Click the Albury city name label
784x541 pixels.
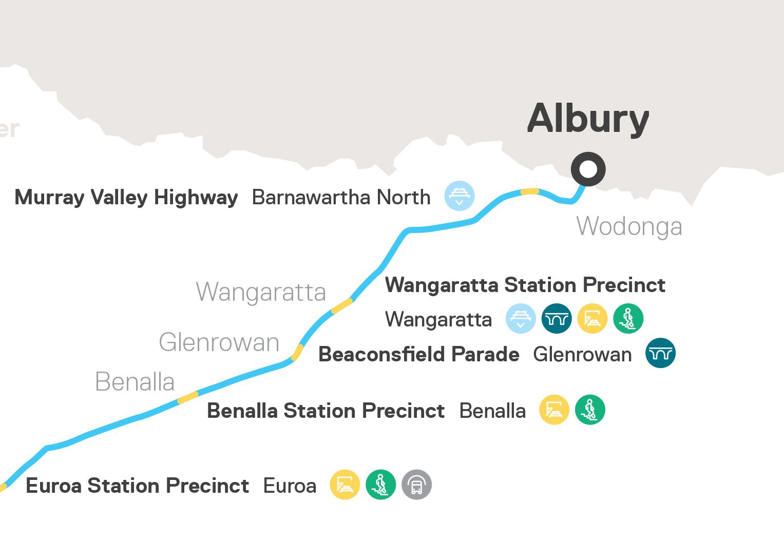coord(588,119)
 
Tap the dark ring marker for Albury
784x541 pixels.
coord(588,169)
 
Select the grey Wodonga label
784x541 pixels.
coord(629,226)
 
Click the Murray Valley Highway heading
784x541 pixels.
coord(126,198)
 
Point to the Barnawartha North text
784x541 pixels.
coord(341,198)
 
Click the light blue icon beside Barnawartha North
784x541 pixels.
coord(459,196)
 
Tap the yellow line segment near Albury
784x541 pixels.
coord(530,191)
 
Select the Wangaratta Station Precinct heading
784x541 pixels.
coord(525,285)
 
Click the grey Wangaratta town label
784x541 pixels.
coord(261,292)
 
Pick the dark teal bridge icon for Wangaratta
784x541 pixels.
coord(557,319)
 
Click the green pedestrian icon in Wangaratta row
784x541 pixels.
coord(628,319)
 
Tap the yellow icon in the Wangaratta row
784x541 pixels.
coord(592,319)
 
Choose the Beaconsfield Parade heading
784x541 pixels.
coord(419,355)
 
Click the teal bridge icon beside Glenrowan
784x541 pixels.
coord(660,353)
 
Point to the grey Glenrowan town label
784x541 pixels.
coord(219,342)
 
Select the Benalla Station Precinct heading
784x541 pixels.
coord(326,411)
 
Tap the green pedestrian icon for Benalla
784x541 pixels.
coord(590,410)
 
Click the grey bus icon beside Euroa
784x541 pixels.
coord(416,485)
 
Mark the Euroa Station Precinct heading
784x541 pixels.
coord(137,486)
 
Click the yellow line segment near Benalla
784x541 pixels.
coord(187,397)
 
